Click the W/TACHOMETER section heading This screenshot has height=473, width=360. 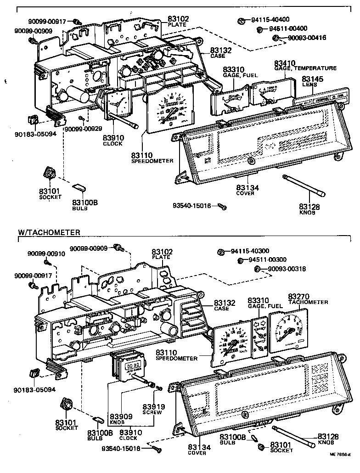click(49, 232)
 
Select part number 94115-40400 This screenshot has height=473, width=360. click(270, 20)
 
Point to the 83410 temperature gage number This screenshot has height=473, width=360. click(285, 63)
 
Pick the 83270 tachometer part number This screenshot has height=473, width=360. click(300, 296)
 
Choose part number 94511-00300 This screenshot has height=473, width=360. click(273, 260)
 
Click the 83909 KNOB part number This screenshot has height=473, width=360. click(121, 417)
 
